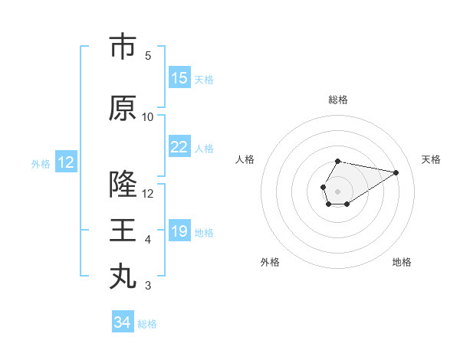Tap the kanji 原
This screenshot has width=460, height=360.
tap(123, 109)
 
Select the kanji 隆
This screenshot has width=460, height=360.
tap(123, 185)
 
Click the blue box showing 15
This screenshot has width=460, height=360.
tap(179, 78)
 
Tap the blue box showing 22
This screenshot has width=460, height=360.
tap(179, 147)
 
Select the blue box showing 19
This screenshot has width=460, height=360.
tap(179, 231)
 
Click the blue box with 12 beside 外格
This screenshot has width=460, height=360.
tap(66, 162)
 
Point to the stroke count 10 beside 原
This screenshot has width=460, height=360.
tap(148, 117)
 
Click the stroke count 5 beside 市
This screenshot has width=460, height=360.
tap(148, 56)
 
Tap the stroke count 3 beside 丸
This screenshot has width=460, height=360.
tap(148, 286)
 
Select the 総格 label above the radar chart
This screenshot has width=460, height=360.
tap(338, 100)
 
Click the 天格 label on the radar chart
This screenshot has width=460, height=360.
tap(431, 159)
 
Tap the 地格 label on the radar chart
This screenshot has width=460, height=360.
tap(402, 262)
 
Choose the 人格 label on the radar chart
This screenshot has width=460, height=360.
tap(245, 159)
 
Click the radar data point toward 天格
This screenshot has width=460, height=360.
tap(396, 172)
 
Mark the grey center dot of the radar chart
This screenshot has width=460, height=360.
tap(337, 190)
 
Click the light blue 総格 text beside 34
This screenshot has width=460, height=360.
tap(147, 324)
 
